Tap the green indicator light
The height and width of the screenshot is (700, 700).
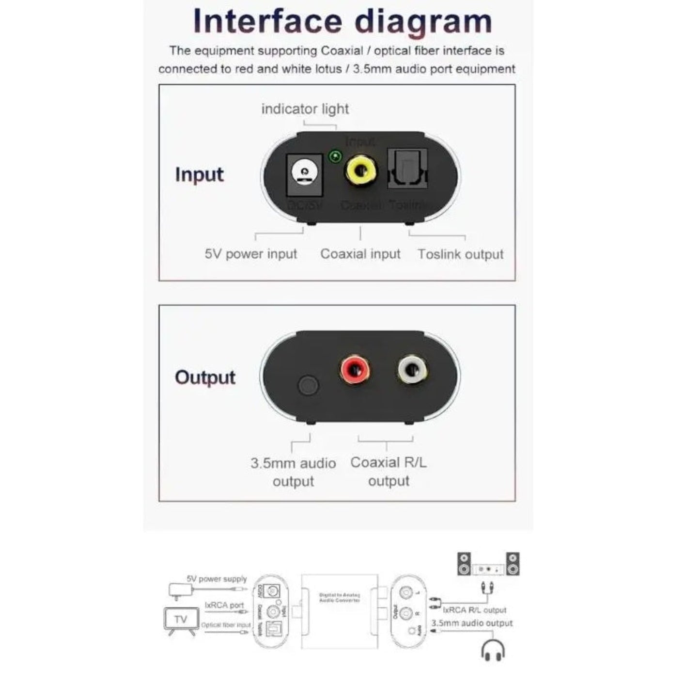(x=335, y=156)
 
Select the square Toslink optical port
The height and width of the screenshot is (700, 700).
(x=407, y=169)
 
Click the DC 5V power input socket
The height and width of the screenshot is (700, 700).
(x=305, y=173)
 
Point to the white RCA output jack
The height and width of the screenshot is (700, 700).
(x=413, y=371)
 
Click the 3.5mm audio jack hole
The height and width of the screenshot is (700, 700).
(x=308, y=386)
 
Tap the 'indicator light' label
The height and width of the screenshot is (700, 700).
(x=305, y=109)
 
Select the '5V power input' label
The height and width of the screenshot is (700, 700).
(x=250, y=254)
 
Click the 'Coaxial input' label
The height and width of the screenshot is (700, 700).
(x=360, y=254)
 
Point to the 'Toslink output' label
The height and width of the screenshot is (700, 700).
(x=460, y=254)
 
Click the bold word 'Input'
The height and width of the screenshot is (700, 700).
(x=199, y=174)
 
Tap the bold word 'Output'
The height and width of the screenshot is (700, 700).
(x=205, y=377)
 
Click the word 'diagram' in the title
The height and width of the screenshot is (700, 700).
(x=423, y=21)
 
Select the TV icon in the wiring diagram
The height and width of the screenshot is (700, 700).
(x=181, y=620)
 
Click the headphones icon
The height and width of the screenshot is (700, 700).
(x=493, y=650)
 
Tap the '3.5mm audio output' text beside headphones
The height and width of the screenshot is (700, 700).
(x=472, y=623)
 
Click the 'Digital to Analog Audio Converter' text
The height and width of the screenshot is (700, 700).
(x=339, y=597)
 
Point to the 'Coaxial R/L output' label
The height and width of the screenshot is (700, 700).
(x=389, y=471)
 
